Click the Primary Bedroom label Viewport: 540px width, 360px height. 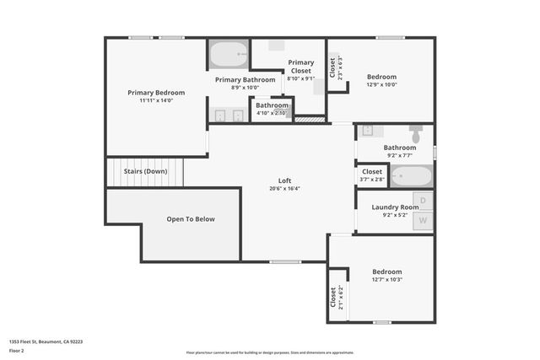point(156,93)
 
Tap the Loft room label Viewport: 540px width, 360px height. point(285,180)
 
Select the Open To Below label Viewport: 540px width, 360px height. point(191,219)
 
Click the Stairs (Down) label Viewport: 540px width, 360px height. point(145,171)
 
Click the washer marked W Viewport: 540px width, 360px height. point(424,221)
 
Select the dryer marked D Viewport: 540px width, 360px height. point(424,201)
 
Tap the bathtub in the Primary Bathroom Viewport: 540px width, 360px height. point(228,56)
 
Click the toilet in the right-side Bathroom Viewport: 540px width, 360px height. point(416,134)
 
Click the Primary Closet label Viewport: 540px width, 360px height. point(301,67)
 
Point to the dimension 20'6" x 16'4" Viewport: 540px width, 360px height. point(285,189)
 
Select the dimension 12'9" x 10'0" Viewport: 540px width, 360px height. point(381,84)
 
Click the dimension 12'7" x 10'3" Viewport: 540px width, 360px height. point(387,280)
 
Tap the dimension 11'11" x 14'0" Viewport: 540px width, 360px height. point(156,101)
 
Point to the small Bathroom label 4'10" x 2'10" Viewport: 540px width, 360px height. point(272,105)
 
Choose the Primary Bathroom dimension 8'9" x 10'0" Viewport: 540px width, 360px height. point(245,87)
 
